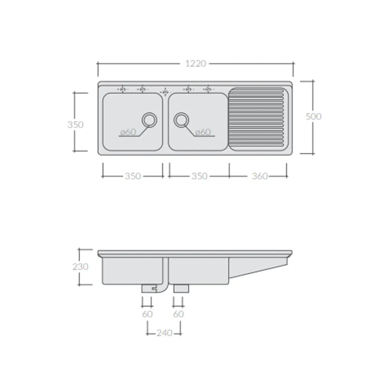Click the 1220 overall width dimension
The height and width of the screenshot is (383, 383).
point(196,64)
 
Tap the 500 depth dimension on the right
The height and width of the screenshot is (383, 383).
point(313,116)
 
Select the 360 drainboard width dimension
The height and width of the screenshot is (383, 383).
point(260,176)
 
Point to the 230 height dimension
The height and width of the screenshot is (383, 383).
point(80,267)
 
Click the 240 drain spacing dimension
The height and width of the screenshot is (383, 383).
point(164,333)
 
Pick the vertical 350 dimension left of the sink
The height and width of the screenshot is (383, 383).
point(75,124)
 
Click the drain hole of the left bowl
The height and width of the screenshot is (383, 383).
point(149,120)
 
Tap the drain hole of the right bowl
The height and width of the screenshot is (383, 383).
point(181,120)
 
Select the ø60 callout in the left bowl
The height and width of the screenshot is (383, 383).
point(128,132)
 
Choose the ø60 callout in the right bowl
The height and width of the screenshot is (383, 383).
point(203,132)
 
